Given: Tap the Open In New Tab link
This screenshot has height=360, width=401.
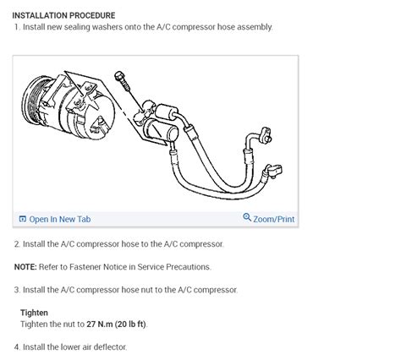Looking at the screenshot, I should click(x=59, y=219).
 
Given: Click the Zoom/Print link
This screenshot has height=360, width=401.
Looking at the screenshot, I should click(x=274, y=219).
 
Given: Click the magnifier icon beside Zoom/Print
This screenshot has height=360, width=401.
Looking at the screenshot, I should click(x=247, y=218).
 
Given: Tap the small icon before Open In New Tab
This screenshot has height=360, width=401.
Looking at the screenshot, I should click(x=23, y=219).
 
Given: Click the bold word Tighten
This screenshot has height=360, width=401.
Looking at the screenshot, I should click(x=34, y=313).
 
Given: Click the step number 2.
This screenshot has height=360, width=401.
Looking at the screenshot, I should click(x=16, y=244).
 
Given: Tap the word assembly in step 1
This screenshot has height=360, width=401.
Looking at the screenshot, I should click(x=252, y=27).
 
